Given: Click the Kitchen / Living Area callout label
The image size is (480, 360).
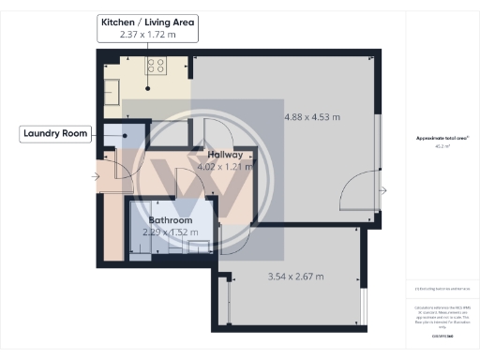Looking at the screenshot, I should (x=147, y=22).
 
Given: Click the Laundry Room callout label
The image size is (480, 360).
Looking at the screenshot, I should (x=56, y=134).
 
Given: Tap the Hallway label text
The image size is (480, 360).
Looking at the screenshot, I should (x=226, y=155).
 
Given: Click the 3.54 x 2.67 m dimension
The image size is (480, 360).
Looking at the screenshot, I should (x=293, y=277).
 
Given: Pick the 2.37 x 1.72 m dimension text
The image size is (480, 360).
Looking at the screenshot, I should (x=147, y=35).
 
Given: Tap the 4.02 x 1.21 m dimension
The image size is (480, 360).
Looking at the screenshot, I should (x=226, y=167).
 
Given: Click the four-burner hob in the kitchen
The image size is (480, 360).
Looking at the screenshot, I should (x=155, y=66).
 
